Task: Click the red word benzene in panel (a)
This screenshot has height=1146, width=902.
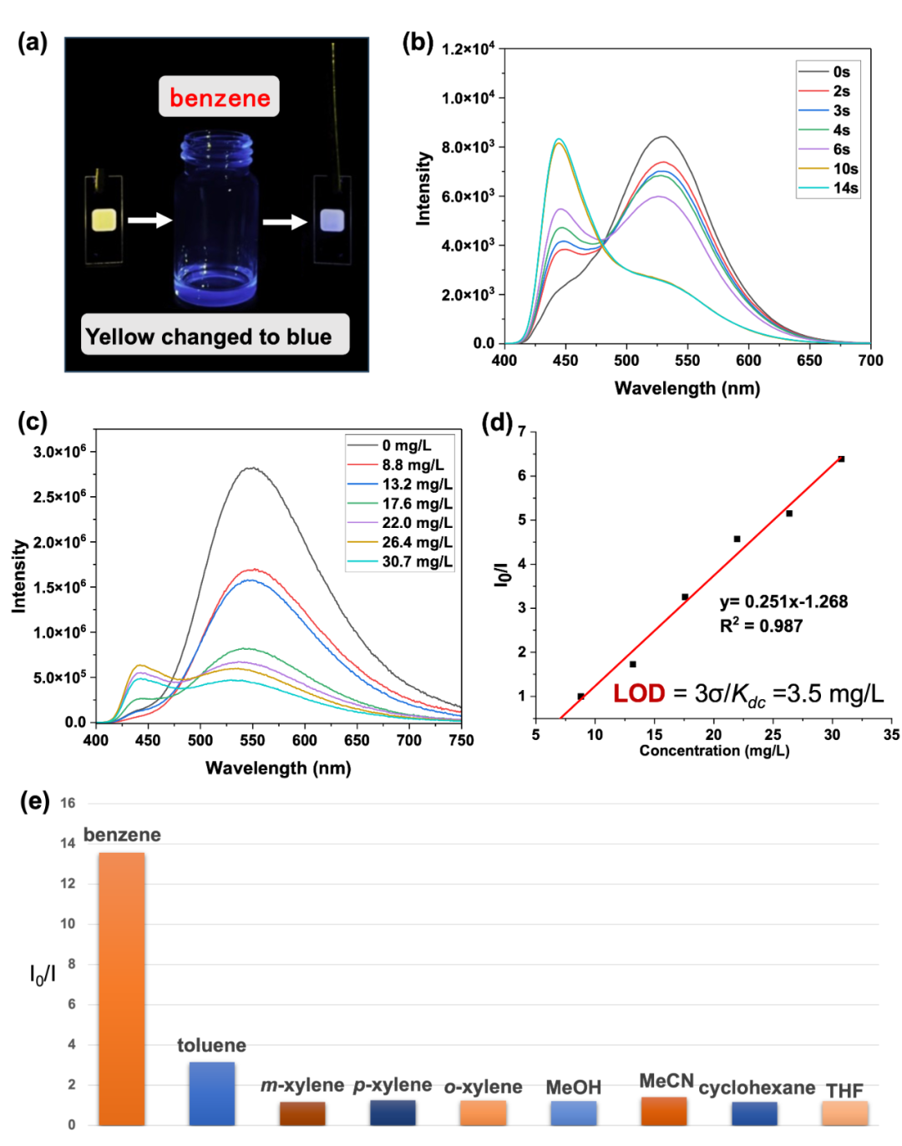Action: coord(220,98)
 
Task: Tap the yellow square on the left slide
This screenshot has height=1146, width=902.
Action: coord(104,220)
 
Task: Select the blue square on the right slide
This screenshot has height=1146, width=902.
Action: coord(332,220)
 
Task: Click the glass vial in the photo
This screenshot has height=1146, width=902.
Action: coord(216,218)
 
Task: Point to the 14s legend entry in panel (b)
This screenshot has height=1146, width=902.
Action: coord(828,188)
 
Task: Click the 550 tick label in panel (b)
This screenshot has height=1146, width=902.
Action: coord(687,361)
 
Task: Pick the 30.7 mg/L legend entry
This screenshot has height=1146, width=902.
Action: coord(400,561)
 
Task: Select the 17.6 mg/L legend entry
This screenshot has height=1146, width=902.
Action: coord(400,503)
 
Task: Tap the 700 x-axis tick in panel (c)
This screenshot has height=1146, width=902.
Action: coord(409,740)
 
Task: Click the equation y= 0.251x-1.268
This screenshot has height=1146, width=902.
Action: coord(783,601)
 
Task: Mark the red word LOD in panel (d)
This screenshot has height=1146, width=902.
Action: coord(638,692)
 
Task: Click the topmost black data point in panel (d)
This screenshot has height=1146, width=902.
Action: coord(841,459)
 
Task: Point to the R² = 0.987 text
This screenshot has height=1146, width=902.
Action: coord(761,625)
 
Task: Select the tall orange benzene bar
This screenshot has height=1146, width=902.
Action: coord(121,990)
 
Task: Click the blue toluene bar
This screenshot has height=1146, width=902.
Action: coord(212,1094)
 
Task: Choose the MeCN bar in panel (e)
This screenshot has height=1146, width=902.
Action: coord(663,1111)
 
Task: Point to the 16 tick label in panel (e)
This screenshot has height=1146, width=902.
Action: coord(68,803)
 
